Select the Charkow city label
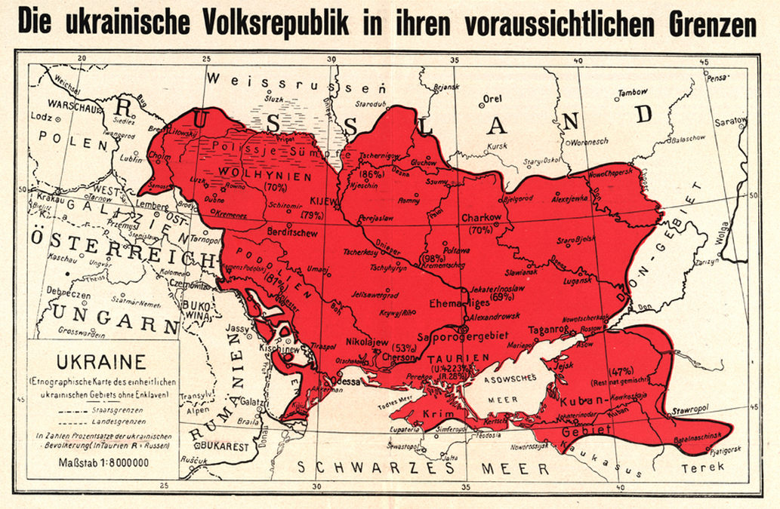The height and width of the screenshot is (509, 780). click(481, 217)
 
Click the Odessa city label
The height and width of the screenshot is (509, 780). click(347, 381)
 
